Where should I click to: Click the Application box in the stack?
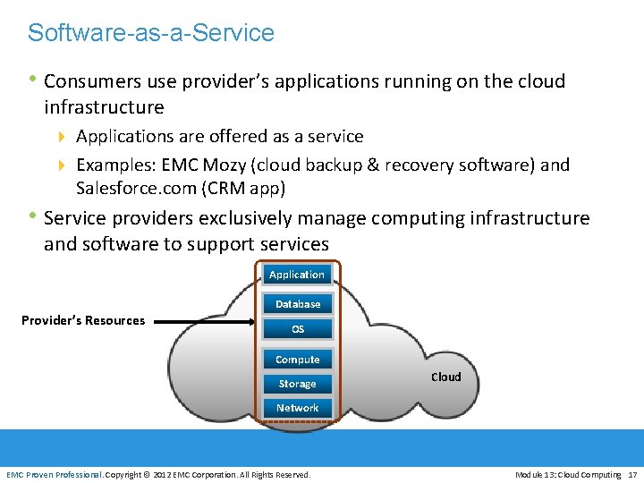(297, 275)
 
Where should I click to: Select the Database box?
(298, 304)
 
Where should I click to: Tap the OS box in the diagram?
(298, 329)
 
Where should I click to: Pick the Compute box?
(298, 360)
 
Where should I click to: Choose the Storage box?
(298, 384)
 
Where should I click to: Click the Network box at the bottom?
(298, 408)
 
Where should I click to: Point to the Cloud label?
(446, 377)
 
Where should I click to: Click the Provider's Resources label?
(83, 320)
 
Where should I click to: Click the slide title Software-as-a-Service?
(151, 33)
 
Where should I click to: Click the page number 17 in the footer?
(632, 474)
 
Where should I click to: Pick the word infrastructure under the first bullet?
(104, 107)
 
